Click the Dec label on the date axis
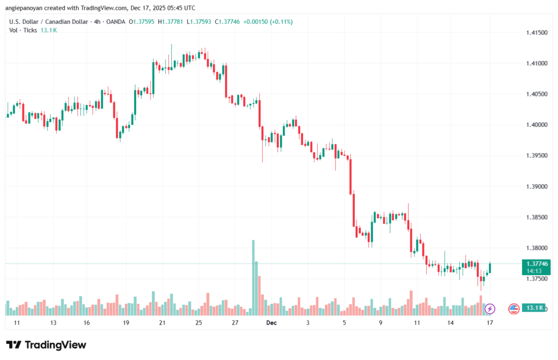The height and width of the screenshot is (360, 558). [x=271, y=323]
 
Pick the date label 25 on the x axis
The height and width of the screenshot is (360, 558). [x=199, y=323]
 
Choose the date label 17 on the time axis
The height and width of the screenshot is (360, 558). [x=490, y=323]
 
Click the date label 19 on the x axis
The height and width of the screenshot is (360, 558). [x=126, y=323]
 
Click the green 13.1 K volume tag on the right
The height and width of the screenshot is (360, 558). [x=534, y=308]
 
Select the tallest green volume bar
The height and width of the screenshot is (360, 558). [x=253, y=277]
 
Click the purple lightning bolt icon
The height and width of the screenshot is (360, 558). [x=489, y=309]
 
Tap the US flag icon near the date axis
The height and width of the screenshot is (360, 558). [x=513, y=309]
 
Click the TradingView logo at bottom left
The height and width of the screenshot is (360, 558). [x=46, y=345]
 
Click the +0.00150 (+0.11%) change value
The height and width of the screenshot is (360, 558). [x=269, y=22]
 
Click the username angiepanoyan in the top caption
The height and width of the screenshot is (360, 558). [x=27, y=8]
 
